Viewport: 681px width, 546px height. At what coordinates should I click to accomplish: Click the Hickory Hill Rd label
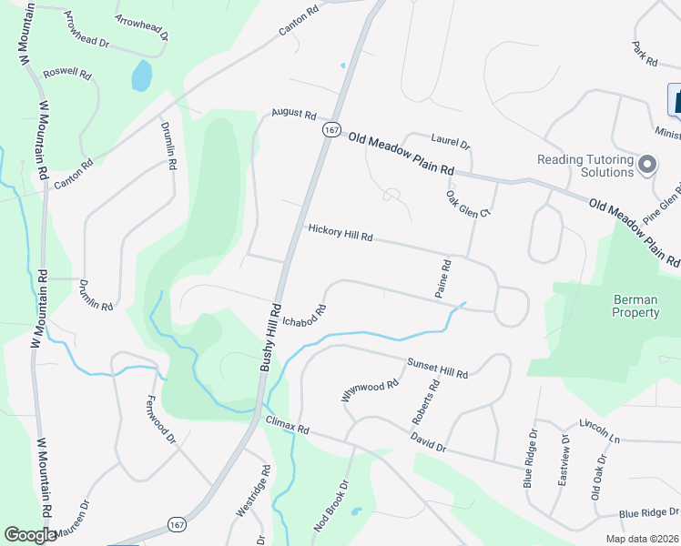pyautogui.click(x=340, y=233)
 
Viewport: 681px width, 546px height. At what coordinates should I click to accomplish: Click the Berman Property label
pyautogui.click(x=624, y=306)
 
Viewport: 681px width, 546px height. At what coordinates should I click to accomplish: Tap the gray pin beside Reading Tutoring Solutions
pyautogui.click(x=647, y=165)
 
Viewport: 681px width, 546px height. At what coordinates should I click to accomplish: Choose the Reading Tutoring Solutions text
pyautogui.click(x=585, y=166)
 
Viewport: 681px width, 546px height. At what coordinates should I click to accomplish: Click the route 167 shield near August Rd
pyautogui.click(x=331, y=130)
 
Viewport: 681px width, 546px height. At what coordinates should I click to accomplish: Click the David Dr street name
pyautogui.click(x=428, y=443)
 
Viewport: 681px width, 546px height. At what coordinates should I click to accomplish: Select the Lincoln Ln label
pyautogui.click(x=599, y=431)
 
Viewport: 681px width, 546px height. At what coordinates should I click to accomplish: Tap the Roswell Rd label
pyautogui.click(x=67, y=72)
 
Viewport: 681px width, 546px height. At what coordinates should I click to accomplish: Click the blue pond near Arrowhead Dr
pyautogui.click(x=141, y=76)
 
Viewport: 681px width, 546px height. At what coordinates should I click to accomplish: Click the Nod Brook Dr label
pyautogui.click(x=331, y=506)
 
